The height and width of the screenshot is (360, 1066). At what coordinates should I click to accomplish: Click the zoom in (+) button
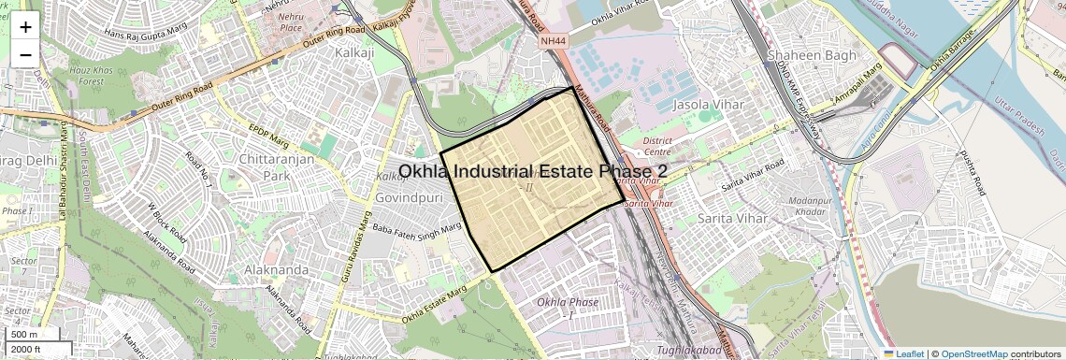25,27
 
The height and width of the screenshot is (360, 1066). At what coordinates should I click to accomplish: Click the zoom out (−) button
25,54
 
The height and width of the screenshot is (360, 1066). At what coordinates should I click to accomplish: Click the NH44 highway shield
554,40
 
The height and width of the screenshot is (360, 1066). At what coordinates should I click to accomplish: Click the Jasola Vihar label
709,105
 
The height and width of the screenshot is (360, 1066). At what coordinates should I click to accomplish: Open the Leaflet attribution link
903,353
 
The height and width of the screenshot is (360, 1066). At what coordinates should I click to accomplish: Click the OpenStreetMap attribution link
973,353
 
